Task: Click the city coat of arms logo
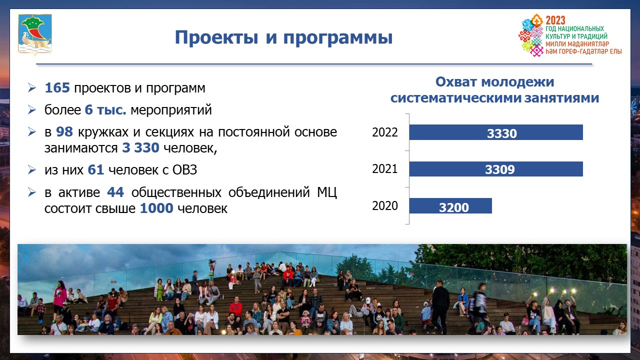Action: [35, 34]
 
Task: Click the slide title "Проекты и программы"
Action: [283, 37]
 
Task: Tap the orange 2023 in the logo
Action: [555, 20]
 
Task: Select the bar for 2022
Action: [496, 132]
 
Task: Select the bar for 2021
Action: [496, 169]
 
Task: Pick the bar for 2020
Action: [450, 205]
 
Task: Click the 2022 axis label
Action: [385, 132]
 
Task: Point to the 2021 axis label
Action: [385, 169]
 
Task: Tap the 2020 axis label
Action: [385, 205]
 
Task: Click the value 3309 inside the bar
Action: [499, 169]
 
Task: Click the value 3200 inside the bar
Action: [453, 207]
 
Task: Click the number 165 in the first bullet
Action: [57, 87]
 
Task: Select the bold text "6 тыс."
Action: [105, 110]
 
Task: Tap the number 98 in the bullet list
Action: [64, 131]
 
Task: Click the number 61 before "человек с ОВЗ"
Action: [95, 169]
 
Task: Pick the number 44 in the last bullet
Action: [115, 192]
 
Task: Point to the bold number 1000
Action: [156, 208]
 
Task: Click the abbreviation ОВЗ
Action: [184, 170]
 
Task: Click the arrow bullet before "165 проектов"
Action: [32, 87]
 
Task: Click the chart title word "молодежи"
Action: [517, 82]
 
